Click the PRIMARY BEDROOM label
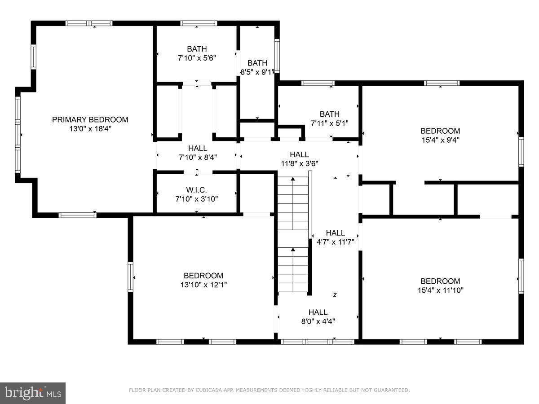(x=90, y=119)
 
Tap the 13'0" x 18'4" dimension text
(x=90, y=128)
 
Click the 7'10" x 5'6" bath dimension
(x=197, y=58)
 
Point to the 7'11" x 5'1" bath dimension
(x=329, y=123)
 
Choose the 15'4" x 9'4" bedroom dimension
(x=440, y=140)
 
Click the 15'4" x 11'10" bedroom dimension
(x=440, y=290)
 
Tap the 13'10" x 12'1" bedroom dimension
(x=203, y=285)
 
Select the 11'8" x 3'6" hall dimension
(x=299, y=163)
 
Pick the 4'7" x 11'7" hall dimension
(x=335, y=242)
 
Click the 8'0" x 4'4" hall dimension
(x=318, y=321)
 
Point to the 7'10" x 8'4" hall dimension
(x=198, y=157)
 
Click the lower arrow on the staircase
(x=293, y=250)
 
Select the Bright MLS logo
(x=33, y=393)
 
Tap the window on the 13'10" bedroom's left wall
(x=131, y=277)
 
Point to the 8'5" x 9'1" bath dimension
(x=257, y=72)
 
